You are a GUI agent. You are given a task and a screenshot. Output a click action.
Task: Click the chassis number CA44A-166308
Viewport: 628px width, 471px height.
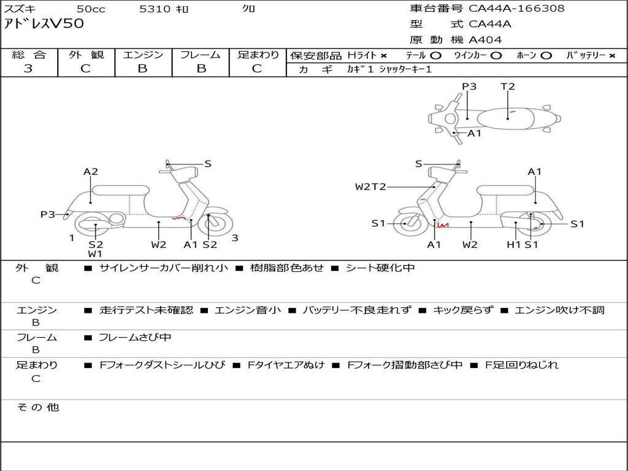[x=516, y=9]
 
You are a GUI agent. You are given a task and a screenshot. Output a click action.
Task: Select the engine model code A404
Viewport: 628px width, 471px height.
[x=485, y=40]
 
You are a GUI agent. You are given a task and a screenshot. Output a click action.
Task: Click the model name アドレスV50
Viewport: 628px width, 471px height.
[x=44, y=25]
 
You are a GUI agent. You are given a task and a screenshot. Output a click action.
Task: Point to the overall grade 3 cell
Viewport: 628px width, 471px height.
[x=28, y=69]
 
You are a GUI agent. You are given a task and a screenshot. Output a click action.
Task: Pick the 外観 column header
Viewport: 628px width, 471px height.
[x=86, y=55]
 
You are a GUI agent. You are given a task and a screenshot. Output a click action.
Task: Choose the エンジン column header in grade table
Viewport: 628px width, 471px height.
[x=143, y=55]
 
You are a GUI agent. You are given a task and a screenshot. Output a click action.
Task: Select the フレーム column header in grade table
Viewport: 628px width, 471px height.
[x=200, y=55]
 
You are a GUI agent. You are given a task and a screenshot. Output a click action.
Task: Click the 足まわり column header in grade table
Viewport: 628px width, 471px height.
[x=258, y=55]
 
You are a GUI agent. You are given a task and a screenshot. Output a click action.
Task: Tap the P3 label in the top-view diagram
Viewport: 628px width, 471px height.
[x=469, y=86]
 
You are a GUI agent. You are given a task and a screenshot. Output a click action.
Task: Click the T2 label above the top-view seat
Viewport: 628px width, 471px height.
[x=508, y=86]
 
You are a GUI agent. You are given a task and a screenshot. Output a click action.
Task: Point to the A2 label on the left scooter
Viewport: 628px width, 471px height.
[x=91, y=172]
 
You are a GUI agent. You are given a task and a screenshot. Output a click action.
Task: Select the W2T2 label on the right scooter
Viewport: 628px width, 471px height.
[x=370, y=186]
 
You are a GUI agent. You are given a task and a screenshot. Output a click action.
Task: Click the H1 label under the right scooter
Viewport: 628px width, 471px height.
[x=513, y=245]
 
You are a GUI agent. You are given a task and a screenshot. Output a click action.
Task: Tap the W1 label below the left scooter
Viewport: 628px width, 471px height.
[x=95, y=254]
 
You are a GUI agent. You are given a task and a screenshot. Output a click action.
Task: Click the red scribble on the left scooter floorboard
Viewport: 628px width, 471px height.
[x=178, y=218]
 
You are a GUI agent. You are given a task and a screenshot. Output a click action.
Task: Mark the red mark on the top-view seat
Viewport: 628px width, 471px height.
[x=511, y=112]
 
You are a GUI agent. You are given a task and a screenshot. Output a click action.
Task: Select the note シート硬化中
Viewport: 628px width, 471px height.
[x=380, y=268]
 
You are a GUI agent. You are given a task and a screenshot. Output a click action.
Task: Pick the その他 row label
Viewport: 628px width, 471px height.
[x=37, y=407]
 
